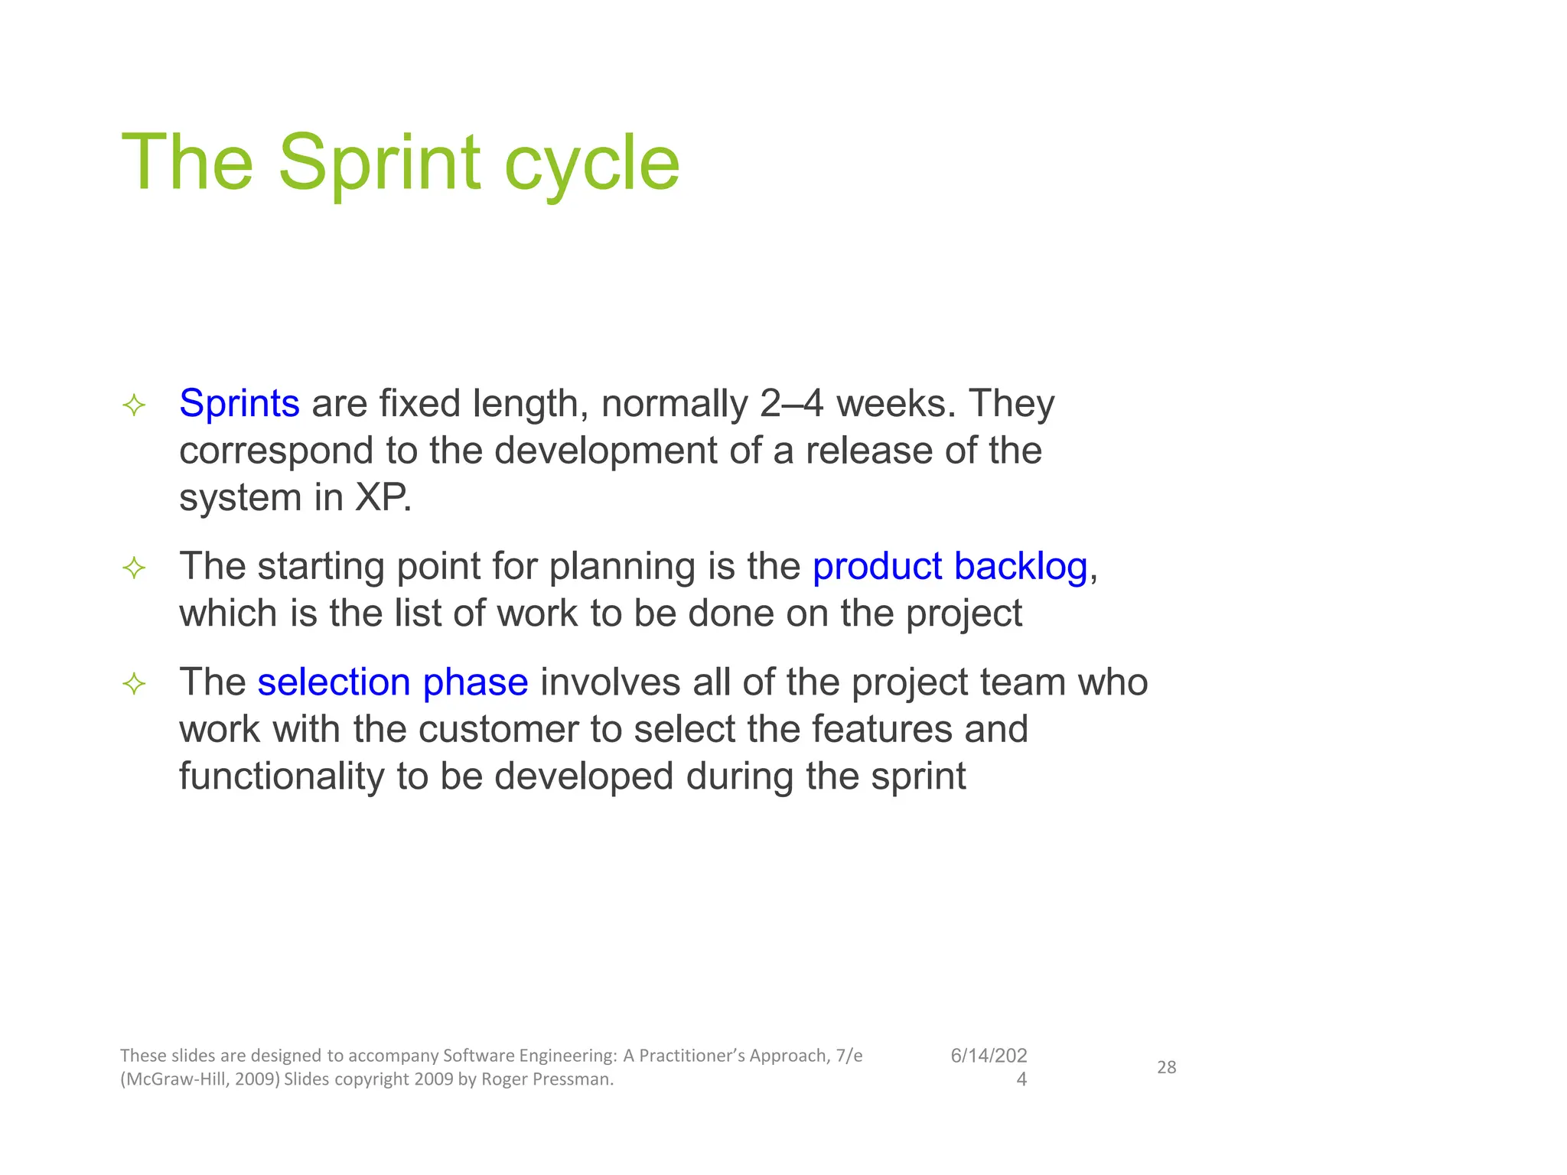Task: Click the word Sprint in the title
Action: pos(380,163)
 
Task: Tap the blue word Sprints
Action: pos(239,403)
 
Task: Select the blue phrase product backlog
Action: pos(950,567)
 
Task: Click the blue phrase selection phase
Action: pos(393,682)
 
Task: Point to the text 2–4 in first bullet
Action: pos(792,403)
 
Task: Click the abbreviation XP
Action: pos(383,498)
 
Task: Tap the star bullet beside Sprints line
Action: pos(134,405)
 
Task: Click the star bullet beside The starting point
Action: pos(134,568)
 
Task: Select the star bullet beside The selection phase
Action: pos(134,684)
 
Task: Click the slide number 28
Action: pos(1166,1067)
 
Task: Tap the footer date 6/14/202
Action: pos(989,1056)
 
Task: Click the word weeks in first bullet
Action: pos(895,403)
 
